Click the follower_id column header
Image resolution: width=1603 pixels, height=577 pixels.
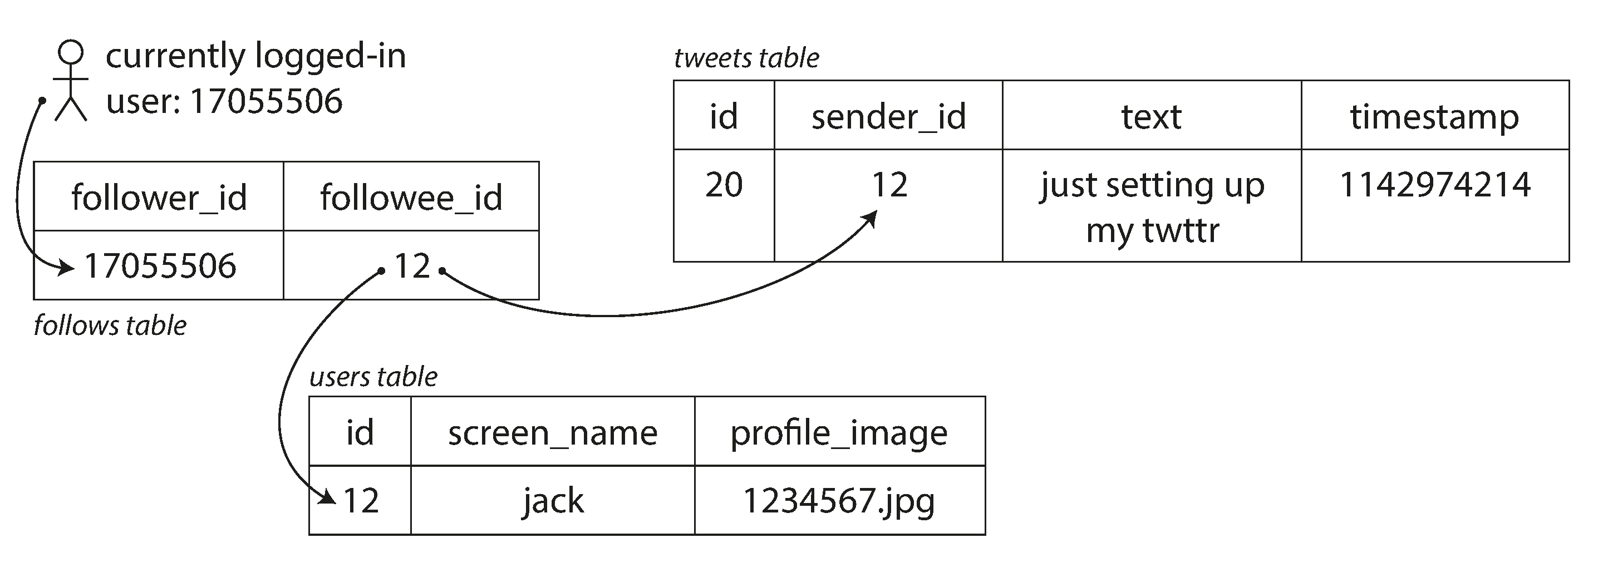[x=159, y=197]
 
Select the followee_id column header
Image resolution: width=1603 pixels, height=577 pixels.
[x=411, y=197]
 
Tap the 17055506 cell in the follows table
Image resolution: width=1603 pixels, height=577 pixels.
[x=160, y=266]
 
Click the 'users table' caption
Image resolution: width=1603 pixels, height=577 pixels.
[x=373, y=377]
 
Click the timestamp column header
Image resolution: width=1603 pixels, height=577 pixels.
[x=1434, y=116]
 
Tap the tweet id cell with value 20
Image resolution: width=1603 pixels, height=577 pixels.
[x=724, y=185]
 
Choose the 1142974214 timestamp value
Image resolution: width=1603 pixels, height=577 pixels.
[x=1434, y=185]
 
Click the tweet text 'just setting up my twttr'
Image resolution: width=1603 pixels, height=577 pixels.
[x=1152, y=207]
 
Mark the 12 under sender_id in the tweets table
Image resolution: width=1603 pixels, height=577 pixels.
[x=889, y=185]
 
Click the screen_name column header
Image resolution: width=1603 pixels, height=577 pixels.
[x=553, y=432]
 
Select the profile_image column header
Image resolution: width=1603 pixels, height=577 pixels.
[x=839, y=432]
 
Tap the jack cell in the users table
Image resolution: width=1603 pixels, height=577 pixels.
[x=553, y=501]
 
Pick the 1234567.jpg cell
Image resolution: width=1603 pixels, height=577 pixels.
[x=839, y=501]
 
